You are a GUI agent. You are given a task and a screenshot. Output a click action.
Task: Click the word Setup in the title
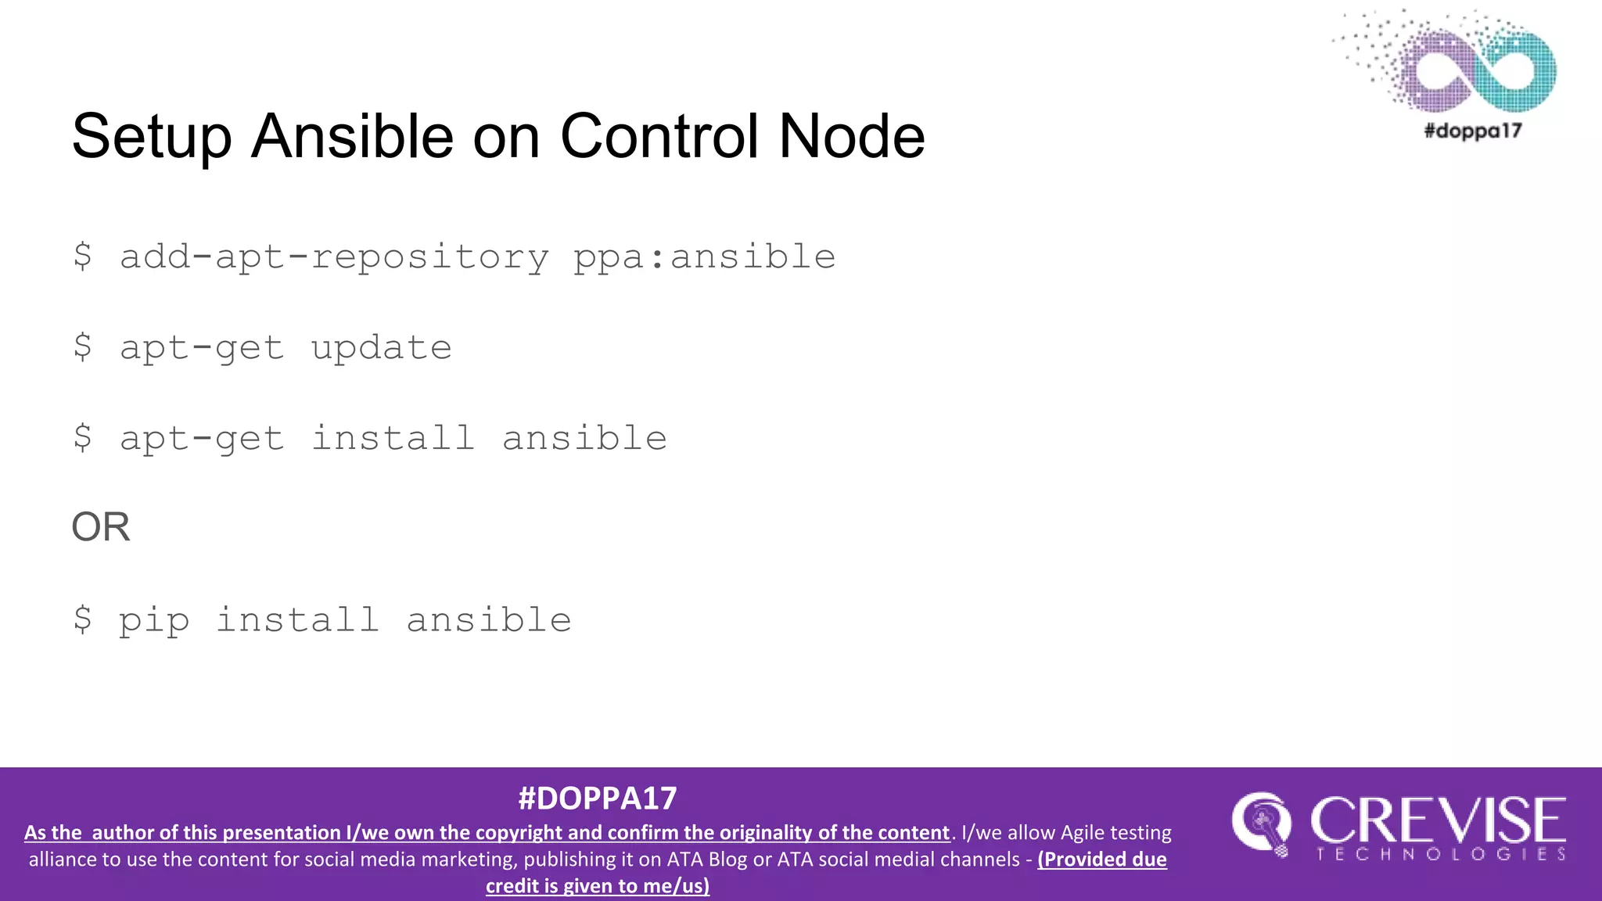(152, 137)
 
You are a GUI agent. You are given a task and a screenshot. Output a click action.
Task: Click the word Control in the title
(659, 137)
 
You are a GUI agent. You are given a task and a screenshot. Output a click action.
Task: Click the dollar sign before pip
(82, 620)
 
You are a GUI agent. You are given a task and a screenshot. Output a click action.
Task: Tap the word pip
(154, 622)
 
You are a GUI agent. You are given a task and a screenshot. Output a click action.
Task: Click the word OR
(101, 527)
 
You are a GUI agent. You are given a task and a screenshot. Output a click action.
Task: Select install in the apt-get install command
(393, 439)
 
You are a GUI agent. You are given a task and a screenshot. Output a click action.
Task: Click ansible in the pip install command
(489, 620)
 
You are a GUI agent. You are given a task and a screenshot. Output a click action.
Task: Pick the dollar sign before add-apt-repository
(82, 257)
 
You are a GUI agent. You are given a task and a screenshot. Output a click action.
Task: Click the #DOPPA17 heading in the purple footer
(597, 799)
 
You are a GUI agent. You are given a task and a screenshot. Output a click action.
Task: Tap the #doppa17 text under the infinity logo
(1472, 131)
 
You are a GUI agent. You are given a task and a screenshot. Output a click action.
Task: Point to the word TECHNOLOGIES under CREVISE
(1441, 854)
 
